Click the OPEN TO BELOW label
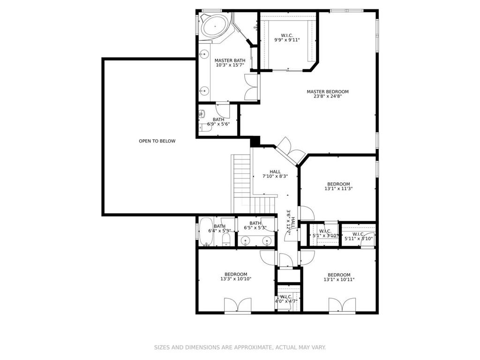click(x=157, y=141)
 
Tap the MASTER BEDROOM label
click(x=328, y=91)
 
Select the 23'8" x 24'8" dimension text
click(x=328, y=96)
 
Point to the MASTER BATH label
click(x=230, y=60)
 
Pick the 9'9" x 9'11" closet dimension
click(x=287, y=40)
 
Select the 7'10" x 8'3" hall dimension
click(x=275, y=176)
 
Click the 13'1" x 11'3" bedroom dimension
click(x=338, y=189)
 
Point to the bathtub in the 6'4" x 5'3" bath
click(x=206, y=232)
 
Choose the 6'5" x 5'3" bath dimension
click(x=255, y=228)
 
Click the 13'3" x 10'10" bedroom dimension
click(x=236, y=279)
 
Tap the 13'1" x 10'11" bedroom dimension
click(x=339, y=279)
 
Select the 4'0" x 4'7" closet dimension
click(x=286, y=301)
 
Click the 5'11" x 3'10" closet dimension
click(x=359, y=239)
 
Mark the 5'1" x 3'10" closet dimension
click(x=325, y=236)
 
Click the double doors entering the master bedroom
click(x=291, y=150)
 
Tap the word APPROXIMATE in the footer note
click(x=253, y=347)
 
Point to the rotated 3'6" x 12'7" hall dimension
click(x=291, y=223)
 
